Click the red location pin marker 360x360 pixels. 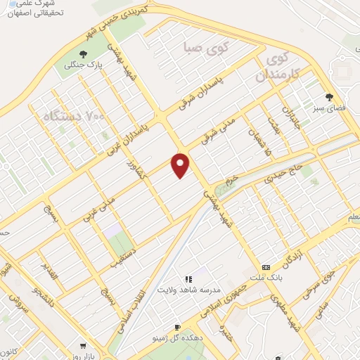181,165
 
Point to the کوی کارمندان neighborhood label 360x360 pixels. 283,66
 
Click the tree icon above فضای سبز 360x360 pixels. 328,97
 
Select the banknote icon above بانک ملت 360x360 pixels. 266,268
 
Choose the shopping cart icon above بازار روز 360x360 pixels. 83,346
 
